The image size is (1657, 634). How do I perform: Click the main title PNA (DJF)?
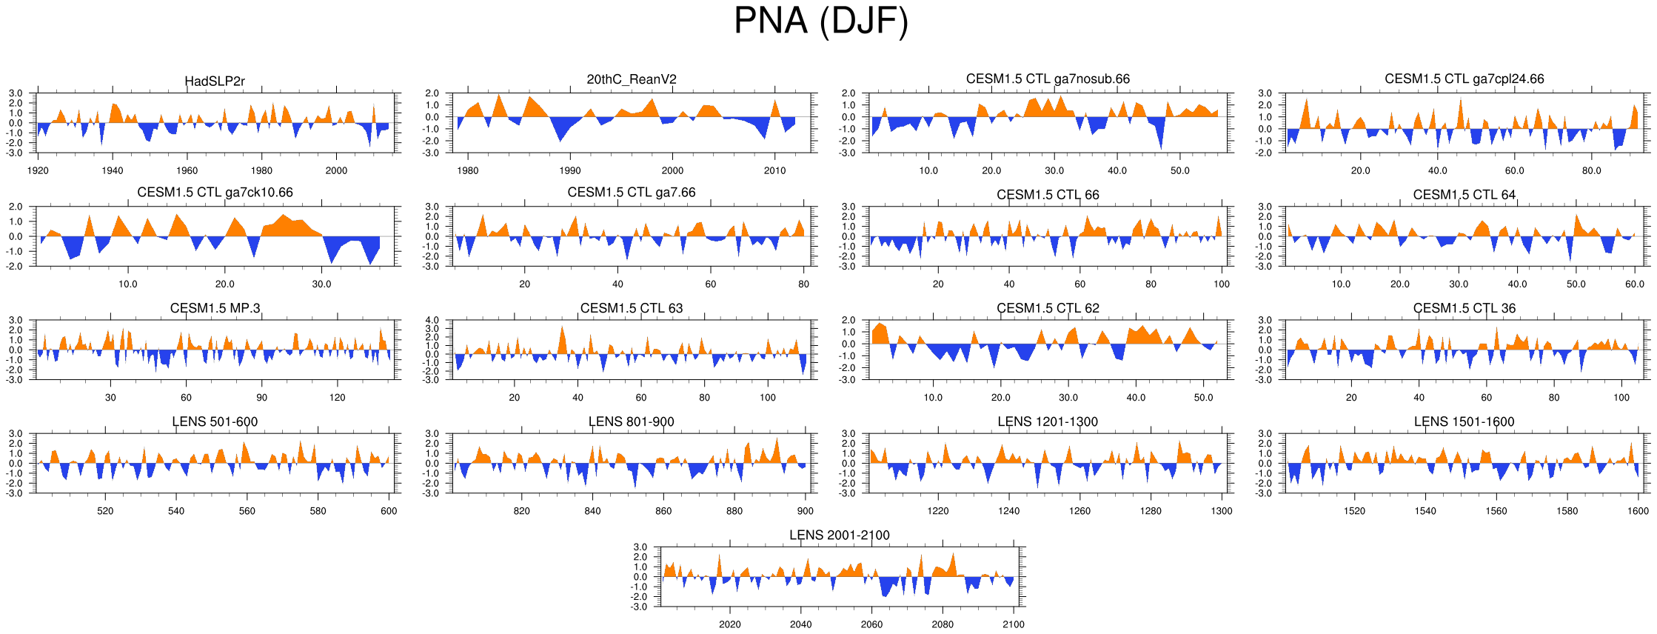coord(820,21)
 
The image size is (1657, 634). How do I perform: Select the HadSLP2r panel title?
coord(215,81)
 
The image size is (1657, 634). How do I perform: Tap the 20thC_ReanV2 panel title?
coord(632,79)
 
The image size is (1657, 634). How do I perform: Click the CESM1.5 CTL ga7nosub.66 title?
coord(1048,79)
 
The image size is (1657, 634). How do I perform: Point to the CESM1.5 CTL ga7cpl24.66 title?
coord(1464,79)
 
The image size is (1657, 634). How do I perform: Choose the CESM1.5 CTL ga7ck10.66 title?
coord(215,193)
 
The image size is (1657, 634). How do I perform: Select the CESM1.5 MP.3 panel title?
coord(215,308)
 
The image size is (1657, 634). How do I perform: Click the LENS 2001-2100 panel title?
coord(839,535)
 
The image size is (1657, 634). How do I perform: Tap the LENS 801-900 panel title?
coord(632,421)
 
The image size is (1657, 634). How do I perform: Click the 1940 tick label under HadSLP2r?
coord(113,170)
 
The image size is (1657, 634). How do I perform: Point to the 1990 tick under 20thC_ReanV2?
coord(570,170)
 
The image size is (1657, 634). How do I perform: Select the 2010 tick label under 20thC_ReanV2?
coord(775,170)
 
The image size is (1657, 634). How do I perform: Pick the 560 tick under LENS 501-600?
coord(247,510)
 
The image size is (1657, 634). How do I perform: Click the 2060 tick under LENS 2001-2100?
coord(871,624)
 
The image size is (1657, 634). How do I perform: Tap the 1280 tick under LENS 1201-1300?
coord(1151,510)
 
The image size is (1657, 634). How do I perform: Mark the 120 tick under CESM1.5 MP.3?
coord(337,397)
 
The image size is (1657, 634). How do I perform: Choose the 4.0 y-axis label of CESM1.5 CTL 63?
coord(432,321)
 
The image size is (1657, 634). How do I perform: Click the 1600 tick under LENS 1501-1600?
coord(1638,510)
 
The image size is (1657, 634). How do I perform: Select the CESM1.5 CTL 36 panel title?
coord(1464,308)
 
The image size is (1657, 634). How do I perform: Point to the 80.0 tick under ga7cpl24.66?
coord(1592,170)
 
